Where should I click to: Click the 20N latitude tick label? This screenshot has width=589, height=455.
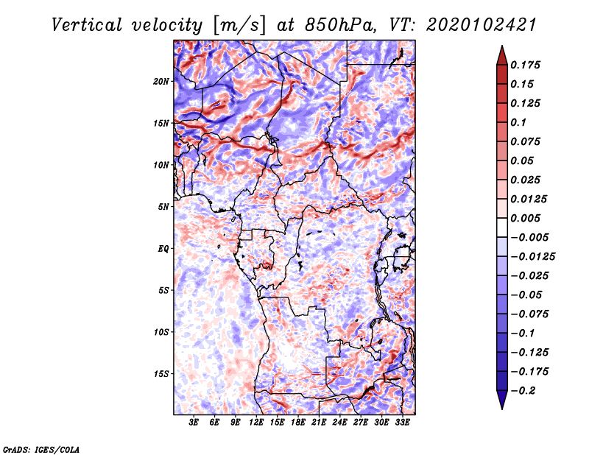(x=161, y=81)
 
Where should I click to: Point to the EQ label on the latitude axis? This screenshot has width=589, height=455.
(x=163, y=249)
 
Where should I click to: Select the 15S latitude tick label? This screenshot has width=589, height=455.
(x=161, y=374)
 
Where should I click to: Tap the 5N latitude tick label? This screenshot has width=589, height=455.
(x=163, y=207)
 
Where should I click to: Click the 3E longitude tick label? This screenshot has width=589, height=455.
(x=194, y=423)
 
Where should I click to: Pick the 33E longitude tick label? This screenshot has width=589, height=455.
(x=402, y=423)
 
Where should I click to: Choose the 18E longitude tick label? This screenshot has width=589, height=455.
(x=298, y=423)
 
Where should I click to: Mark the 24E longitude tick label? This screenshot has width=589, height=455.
(x=339, y=423)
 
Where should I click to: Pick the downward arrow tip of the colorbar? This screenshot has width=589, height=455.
(x=501, y=406)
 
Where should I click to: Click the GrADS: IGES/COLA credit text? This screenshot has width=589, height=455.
(x=40, y=448)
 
